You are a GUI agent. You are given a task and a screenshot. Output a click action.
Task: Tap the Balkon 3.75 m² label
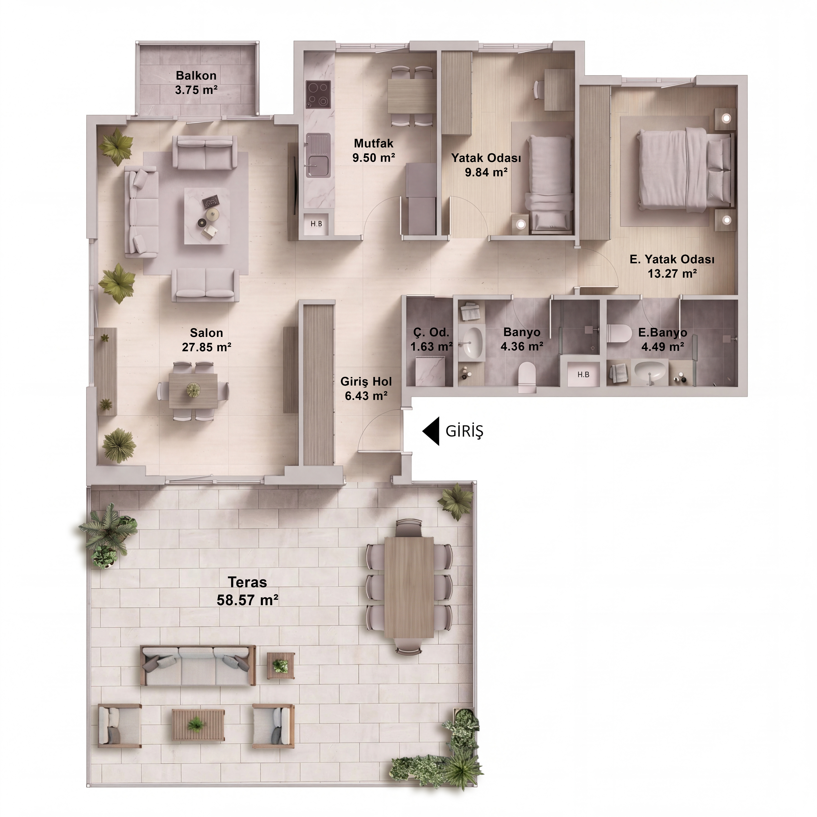196,82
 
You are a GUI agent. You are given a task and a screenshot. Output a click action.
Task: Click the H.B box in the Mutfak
316,224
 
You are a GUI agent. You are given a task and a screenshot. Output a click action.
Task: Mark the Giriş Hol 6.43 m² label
366,389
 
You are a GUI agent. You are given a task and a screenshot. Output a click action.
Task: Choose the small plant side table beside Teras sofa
280,666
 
